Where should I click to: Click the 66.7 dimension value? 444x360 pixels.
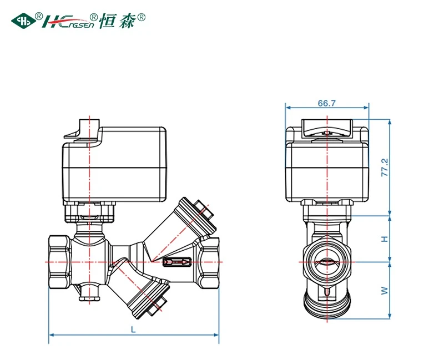(326, 103)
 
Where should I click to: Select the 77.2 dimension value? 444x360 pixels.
(385, 168)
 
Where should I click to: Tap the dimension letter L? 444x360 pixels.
(133, 329)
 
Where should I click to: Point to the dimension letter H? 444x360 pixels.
(385, 239)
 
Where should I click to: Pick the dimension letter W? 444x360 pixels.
(385, 290)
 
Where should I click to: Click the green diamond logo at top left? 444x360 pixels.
(23, 21)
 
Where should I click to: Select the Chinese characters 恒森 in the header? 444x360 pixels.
(117, 21)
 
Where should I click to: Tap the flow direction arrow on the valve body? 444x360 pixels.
(176, 262)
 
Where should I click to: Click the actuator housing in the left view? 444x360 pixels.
(114, 164)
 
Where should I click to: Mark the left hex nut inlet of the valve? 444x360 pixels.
(59, 262)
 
